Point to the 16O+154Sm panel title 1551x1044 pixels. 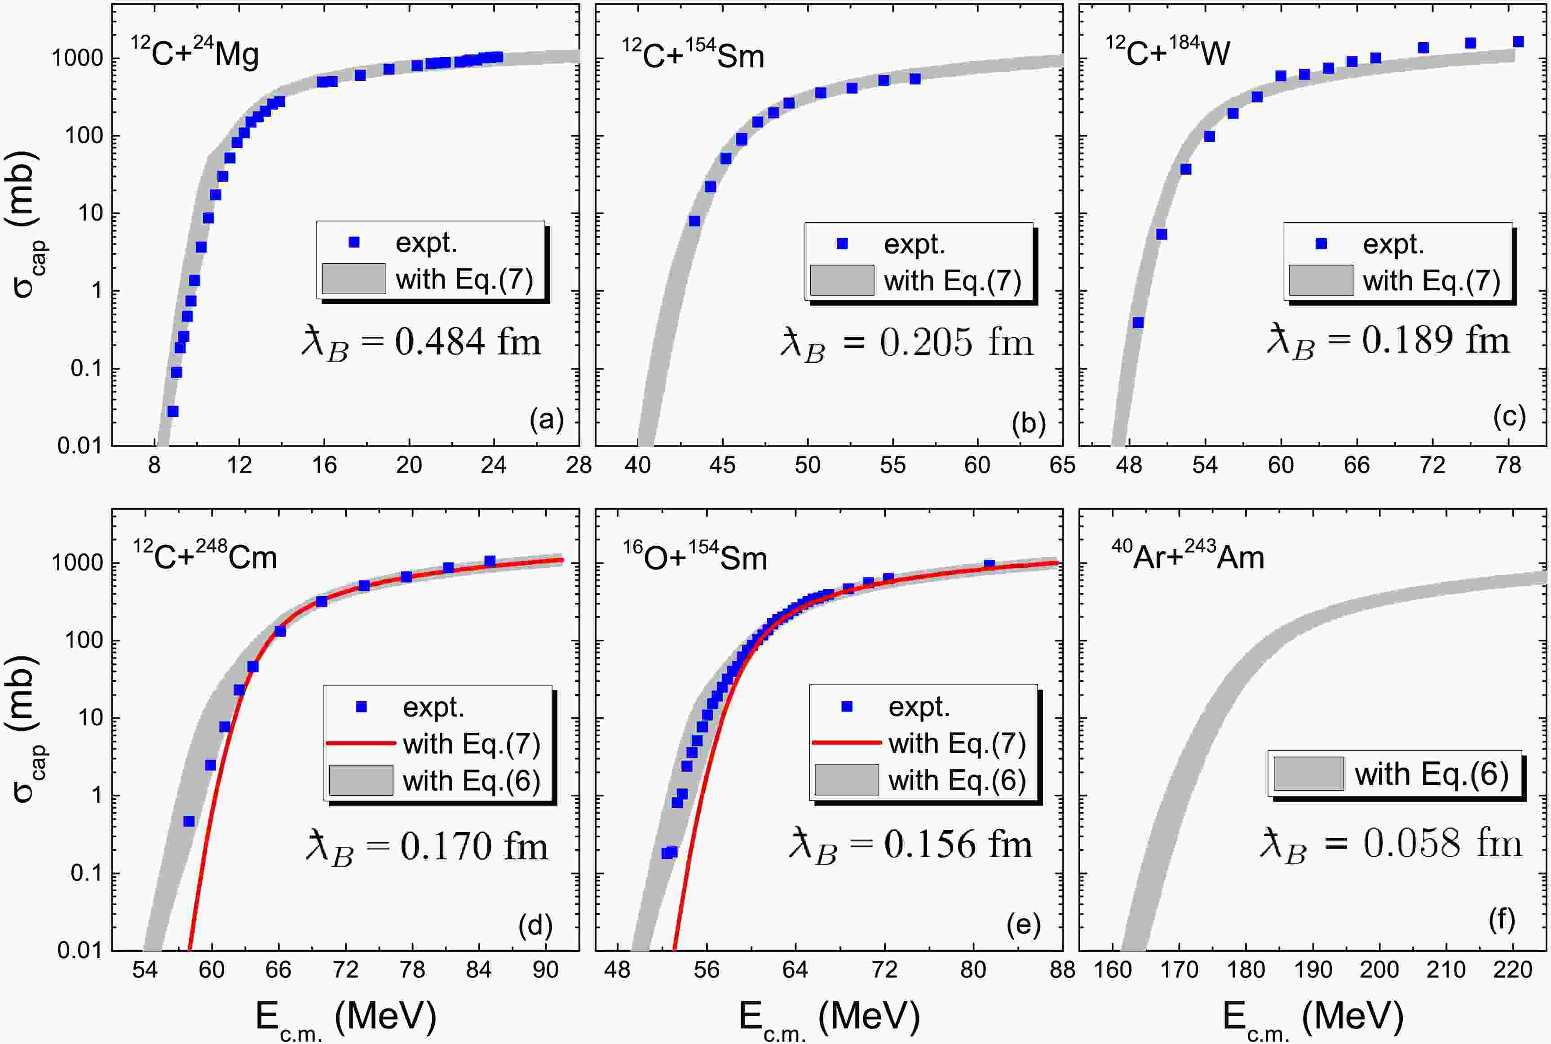695,557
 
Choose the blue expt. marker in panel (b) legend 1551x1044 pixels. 842,243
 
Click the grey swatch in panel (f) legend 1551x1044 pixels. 1308,774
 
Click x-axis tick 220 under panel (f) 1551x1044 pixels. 1512,970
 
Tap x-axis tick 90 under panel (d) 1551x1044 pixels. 545,970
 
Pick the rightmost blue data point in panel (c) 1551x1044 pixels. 1518,42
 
